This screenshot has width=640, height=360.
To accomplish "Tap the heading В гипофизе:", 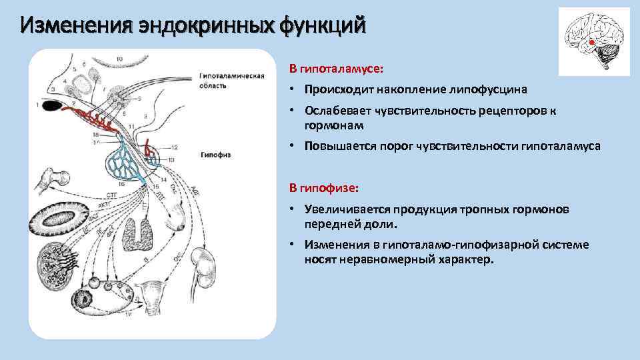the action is (x=323, y=189).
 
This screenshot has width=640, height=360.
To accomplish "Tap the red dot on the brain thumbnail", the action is (x=591, y=43).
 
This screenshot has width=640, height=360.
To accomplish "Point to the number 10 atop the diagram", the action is (x=119, y=59).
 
